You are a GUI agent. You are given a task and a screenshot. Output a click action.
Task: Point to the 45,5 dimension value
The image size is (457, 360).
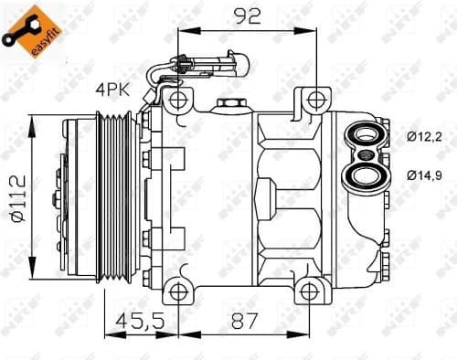(133, 322)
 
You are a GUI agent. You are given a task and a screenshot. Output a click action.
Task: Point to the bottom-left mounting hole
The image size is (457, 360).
(179, 292)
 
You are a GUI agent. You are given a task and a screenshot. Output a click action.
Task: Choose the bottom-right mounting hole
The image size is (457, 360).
(316, 292)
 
